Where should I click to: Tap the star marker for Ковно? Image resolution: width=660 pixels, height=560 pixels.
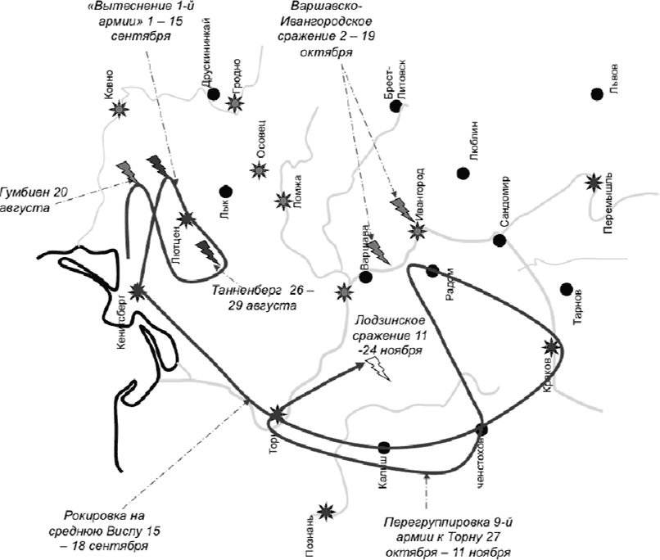click(120, 109)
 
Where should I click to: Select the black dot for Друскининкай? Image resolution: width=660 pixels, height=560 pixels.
click(214, 94)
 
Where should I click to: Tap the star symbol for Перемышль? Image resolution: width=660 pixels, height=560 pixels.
click(593, 183)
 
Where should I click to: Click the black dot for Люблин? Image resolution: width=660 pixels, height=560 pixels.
click(463, 174)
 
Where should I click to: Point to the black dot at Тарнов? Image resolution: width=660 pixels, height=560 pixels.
click(566, 288)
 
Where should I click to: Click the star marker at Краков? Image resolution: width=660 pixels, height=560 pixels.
click(552, 347)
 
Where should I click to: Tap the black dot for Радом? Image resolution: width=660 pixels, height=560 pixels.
click(433, 271)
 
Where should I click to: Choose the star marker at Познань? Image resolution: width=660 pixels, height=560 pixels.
click(327, 512)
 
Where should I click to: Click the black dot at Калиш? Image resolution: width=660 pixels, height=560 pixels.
click(384, 447)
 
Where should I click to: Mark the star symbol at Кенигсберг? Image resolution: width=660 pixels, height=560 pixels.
click(138, 290)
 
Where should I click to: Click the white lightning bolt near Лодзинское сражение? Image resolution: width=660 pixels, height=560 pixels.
click(379, 371)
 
